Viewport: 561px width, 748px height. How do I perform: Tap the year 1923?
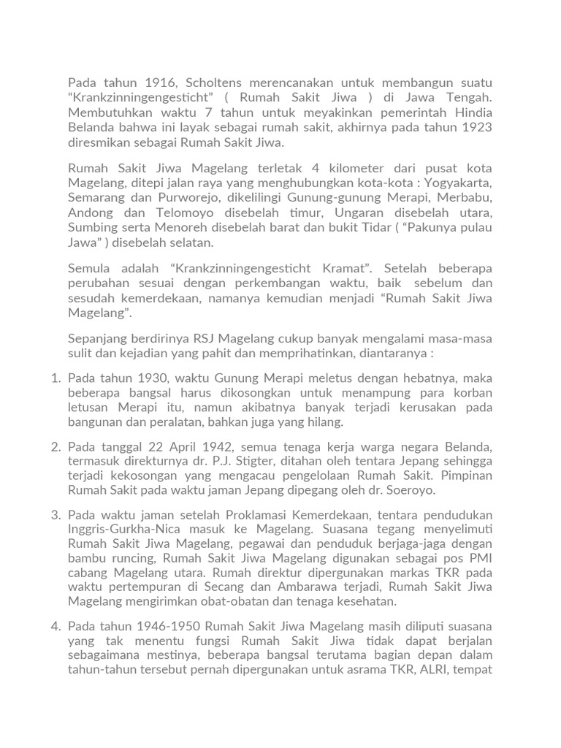[x=476, y=127]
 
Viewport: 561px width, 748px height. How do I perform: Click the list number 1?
[x=56, y=378]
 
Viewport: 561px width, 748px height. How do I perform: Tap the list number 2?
[x=56, y=446]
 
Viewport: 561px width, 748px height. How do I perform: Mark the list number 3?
[x=56, y=515]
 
